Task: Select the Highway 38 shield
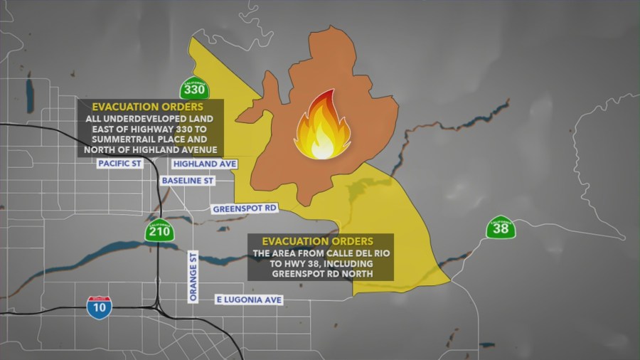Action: point(501,228)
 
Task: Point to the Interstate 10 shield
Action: point(99,307)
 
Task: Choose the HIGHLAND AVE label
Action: point(204,164)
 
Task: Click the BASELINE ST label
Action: point(188,181)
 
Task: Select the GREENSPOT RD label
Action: point(245,209)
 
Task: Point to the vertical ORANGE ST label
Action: point(193,277)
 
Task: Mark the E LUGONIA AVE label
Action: point(248,300)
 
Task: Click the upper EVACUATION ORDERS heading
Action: point(137,106)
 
